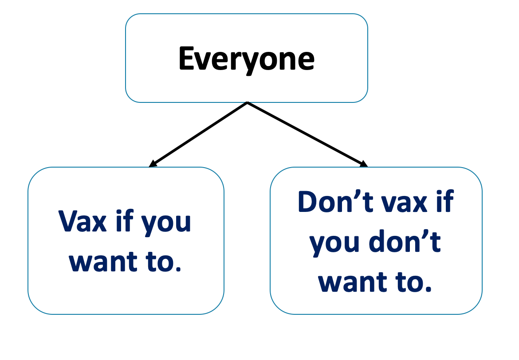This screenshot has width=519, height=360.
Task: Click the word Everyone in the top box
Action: pos(246,59)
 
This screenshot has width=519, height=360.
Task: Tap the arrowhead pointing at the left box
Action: pos(153,164)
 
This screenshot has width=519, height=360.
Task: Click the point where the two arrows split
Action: pos(247,103)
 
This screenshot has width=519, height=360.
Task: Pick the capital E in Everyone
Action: pos(187,59)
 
